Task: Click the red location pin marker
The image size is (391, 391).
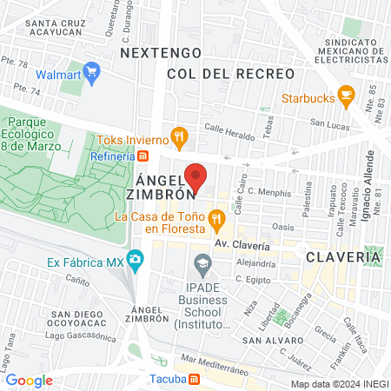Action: click(x=195, y=176)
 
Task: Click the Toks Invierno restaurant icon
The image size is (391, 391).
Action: click(x=179, y=136)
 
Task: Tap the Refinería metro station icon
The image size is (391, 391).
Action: click(x=142, y=156)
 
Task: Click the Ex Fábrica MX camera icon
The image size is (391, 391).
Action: click(x=135, y=259)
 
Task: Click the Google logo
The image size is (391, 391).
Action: click(x=30, y=380)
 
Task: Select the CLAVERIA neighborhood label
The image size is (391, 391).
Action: click(x=342, y=257)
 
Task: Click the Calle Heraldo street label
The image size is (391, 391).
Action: click(x=229, y=132)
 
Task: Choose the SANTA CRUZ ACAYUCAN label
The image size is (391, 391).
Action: click(x=59, y=29)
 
